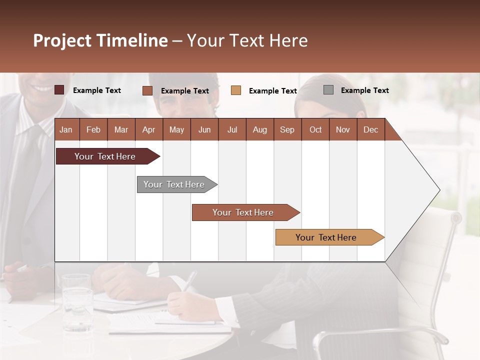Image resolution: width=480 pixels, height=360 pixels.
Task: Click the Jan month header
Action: coord(66,130)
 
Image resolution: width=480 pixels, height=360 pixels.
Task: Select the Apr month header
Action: coord(148,130)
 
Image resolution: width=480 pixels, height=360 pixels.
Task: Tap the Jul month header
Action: coord(232,130)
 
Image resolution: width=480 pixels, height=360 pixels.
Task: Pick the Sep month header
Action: coord(287,130)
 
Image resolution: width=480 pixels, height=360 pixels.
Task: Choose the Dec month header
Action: coord(370,130)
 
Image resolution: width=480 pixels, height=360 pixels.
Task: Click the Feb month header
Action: coord(93,130)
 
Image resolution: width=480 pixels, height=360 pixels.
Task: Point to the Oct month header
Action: coord(315,130)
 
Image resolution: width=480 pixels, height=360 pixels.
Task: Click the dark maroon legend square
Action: coord(59,90)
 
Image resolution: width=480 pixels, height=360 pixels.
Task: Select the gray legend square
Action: coord(328,90)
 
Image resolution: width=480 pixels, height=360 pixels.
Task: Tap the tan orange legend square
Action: coord(236,90)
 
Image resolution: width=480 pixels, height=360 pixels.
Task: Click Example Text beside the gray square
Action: coord(364,90)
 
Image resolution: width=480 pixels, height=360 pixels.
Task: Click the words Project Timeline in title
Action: coord(100,40)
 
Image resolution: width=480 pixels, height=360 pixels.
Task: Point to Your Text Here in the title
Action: coord(247,40)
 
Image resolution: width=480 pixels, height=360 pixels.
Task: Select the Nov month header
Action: coord(343,130)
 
